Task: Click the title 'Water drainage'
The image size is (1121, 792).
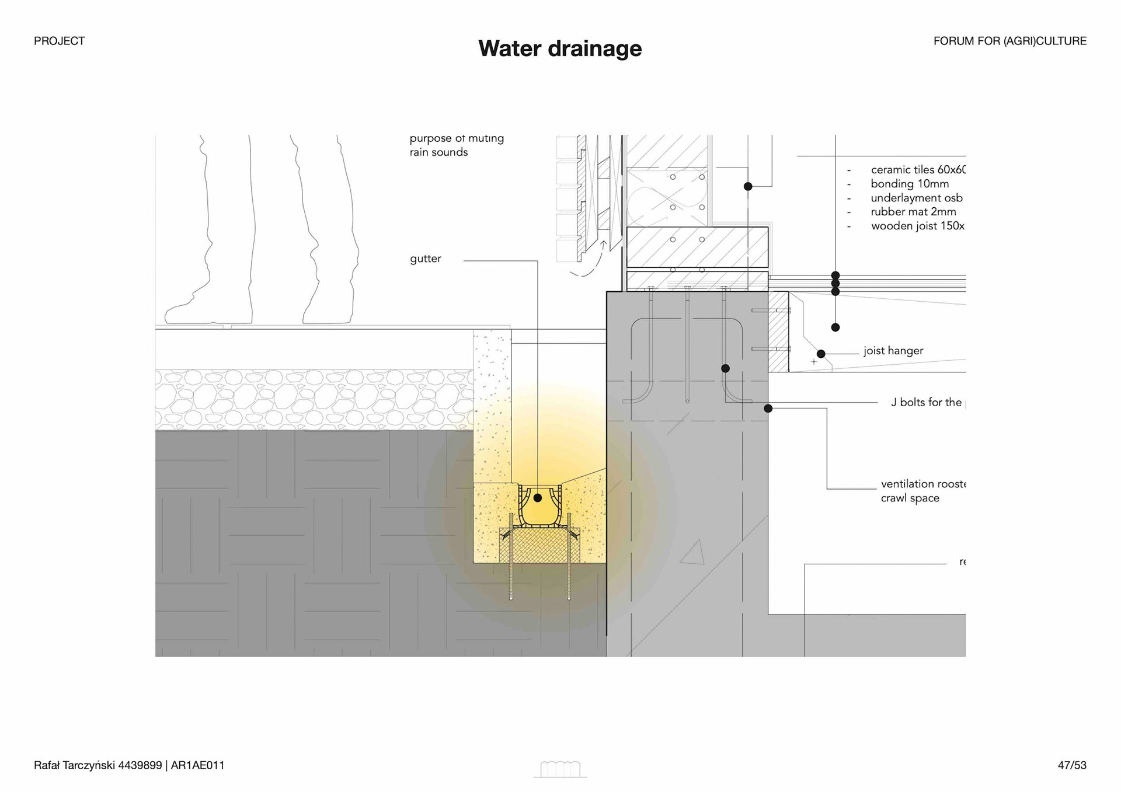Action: pyautogui.click(x=559, y=48)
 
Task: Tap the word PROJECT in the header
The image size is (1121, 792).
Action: pyautogui.click(x=59, y=41)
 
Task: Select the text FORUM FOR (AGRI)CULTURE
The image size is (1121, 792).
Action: pyautogui.click(x=1009, y=41)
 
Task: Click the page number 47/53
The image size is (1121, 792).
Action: pyautogui.click(x=1071, y=765)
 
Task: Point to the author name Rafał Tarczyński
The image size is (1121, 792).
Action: pyautogui.click(x=74, y=765)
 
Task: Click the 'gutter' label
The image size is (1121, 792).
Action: pyautogui.click(x=425, y=259)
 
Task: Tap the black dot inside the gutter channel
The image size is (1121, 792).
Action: pyautogui.click(x=538, y=498)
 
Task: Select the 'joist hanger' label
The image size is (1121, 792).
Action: pyautogui.click(x=893, y=351)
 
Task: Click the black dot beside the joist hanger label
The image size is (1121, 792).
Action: pyautogui.click(x=821, y=354)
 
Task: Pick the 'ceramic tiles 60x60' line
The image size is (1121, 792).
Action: pyautogui.click(x=917, y=170)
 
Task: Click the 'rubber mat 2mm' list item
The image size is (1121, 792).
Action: pyautogui.click(x=913, y=212)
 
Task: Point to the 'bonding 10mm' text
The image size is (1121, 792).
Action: pyautogui.click(x=910, y=184)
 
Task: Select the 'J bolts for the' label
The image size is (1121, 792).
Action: pyautogui.click(x=926, y=402)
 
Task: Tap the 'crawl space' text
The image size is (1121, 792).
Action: pyautogui.click(x=910, y=498)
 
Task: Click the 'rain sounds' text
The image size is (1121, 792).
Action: pyautogui.click(x=438, y=152)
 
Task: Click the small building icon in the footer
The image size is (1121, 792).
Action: pyautogui.click(x=560, y=769)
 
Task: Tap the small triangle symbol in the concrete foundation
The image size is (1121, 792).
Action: pyautogui.click(x=694, y=553)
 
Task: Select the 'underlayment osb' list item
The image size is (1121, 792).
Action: pyautogui.click(x=916, y=198)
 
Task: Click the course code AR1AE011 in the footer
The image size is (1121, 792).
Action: pyautogui.click(x=197, y=765)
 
